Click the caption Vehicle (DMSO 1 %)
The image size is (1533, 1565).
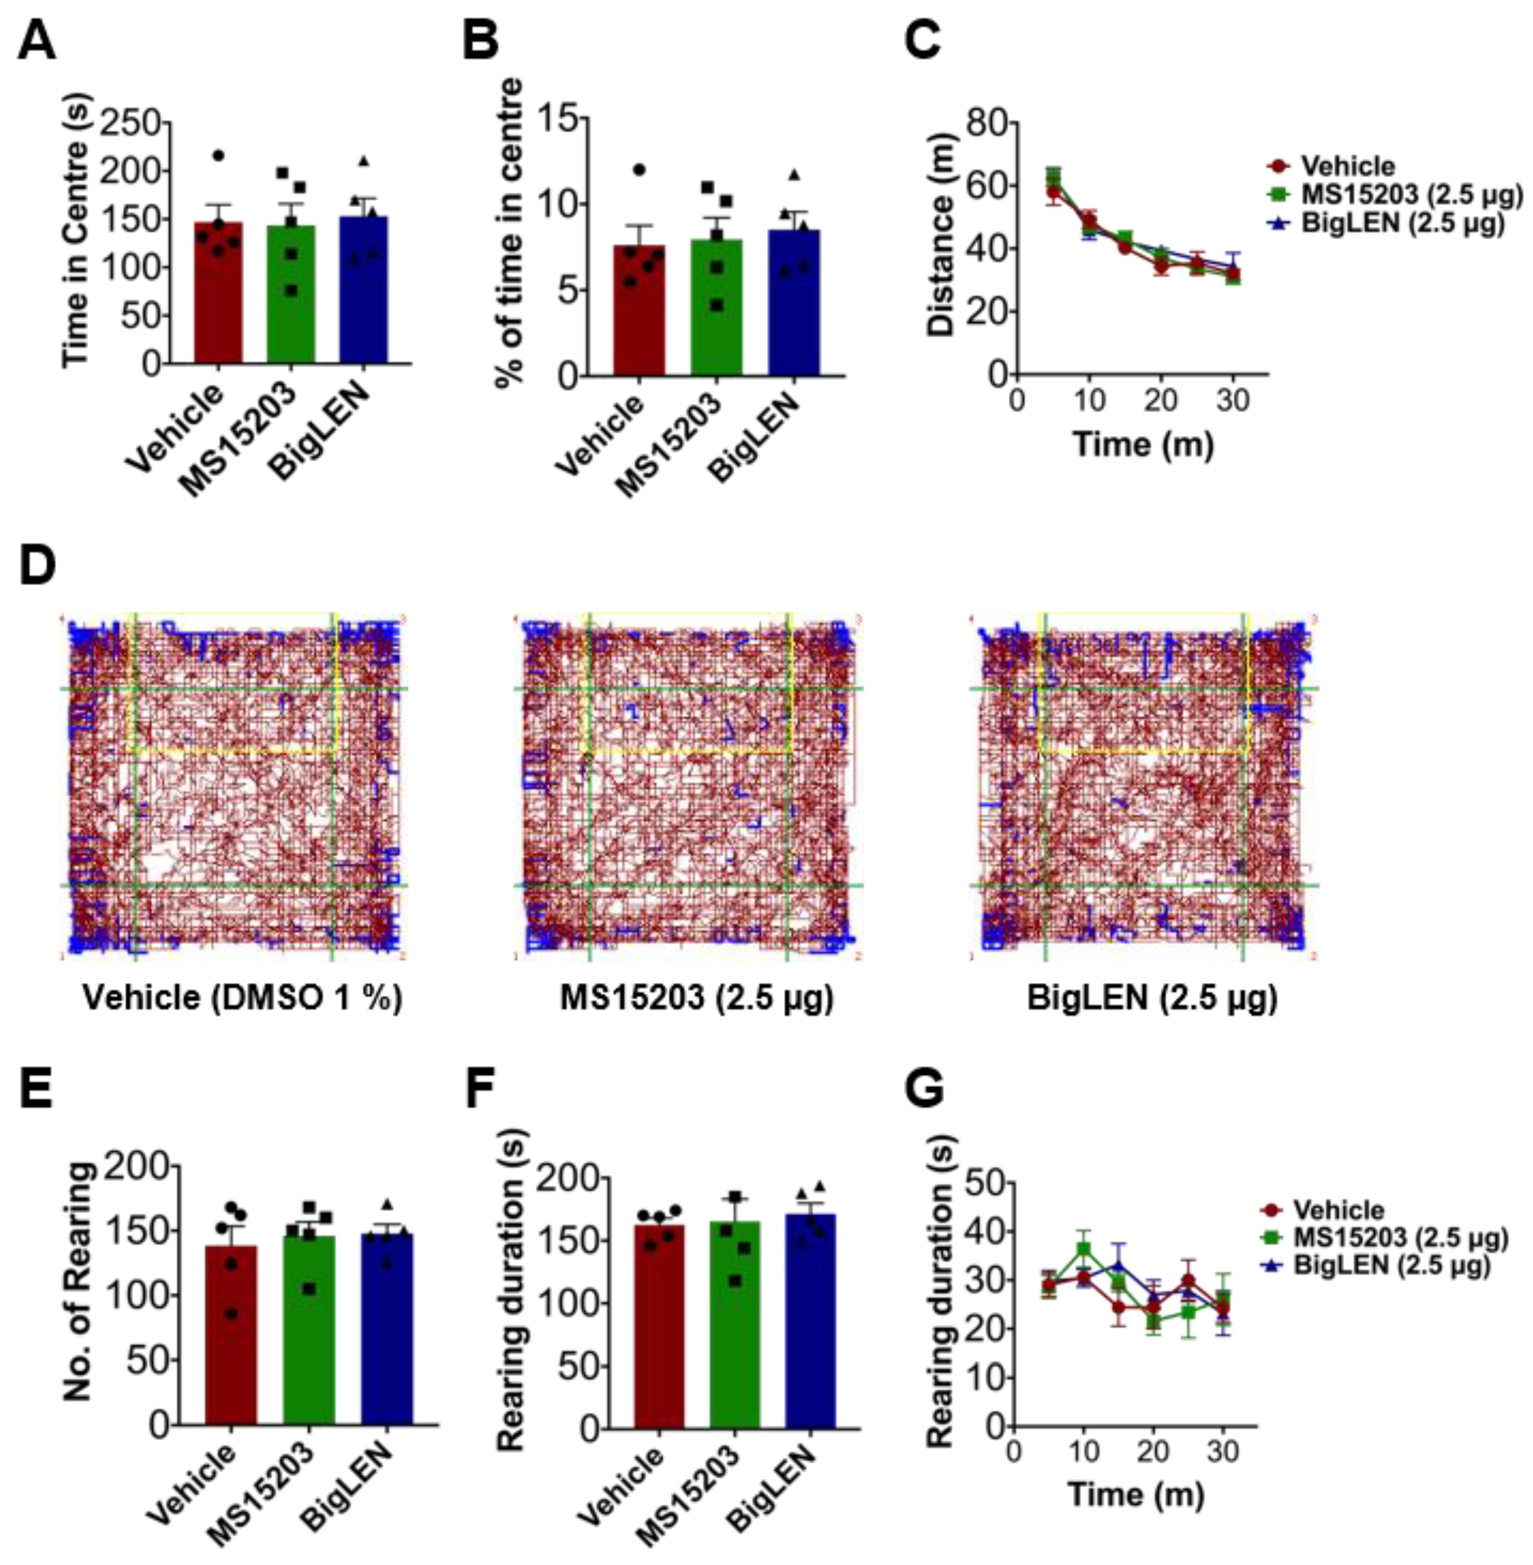pos(242,998)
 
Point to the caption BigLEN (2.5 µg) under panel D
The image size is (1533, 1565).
pos(1152,998)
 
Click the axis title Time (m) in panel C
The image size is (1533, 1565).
pos(1144,444)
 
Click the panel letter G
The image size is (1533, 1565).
pos(923,1091)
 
